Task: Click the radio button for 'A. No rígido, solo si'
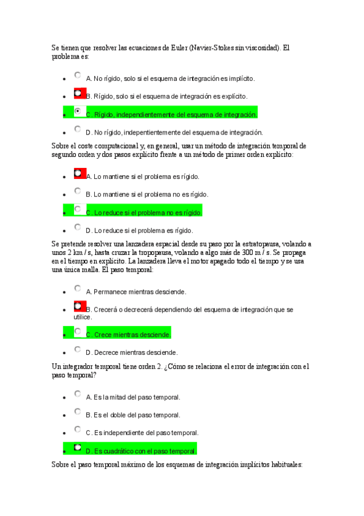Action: click(78, 75)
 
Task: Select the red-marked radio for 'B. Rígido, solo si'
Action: click(78, 93)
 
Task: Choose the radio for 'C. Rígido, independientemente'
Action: click(78, 111)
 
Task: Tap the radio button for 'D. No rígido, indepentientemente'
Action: click(78, 129)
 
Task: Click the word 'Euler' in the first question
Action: click(177, 47)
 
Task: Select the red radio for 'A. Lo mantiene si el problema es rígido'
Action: click(78, 173)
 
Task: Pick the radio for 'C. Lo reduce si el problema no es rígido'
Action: click(78, 209)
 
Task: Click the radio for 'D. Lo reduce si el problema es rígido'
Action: click(78, 227)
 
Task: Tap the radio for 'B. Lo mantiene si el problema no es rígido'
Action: click(78, 191)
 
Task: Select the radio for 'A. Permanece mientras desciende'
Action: click(78, 288)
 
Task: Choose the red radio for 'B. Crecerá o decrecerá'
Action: click(78, 306)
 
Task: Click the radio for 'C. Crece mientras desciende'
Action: click(78, 332)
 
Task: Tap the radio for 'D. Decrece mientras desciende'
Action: click(78, 349)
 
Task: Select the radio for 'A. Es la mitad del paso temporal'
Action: click(78, 394)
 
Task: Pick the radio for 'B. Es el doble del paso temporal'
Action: click(78, 412)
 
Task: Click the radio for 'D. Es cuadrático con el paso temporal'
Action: click(78, 448)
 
